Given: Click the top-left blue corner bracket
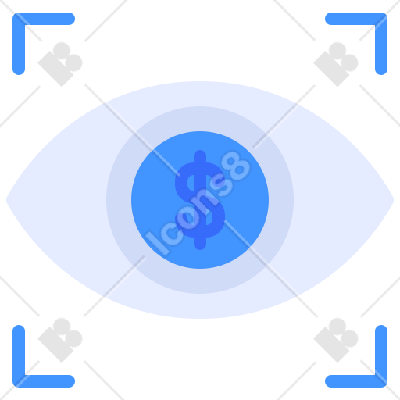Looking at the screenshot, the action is (x=19, y=19).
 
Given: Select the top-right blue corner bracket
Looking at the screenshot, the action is (x=381, y=19).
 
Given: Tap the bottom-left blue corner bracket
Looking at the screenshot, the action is (x=19, y=381).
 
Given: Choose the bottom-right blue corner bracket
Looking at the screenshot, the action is (x=381, y=381).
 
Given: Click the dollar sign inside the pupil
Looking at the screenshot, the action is (x=200, y=200).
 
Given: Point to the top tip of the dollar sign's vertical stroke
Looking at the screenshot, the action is (x=200, y=151).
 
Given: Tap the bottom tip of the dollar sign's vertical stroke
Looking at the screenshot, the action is (x=200, y=249).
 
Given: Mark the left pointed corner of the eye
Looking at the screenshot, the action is (x=7, y=200).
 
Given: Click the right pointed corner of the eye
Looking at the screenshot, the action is (x=393, y=200).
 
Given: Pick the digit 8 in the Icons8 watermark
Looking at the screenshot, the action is (x=237, y=166).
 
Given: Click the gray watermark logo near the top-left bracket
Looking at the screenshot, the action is (x=60, y=64).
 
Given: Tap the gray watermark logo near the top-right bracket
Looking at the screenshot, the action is (x=336, y=64).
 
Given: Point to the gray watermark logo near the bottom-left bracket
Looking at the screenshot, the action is (x=60, y=340).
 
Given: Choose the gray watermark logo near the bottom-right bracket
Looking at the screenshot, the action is (x=336, y=340).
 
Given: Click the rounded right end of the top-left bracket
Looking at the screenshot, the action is (x=70, y=19).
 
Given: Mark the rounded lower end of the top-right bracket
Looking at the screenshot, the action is (x=381, y=70).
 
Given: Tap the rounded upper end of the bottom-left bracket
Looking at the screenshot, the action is (x=19, y=330).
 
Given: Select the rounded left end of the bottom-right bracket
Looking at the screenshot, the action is (x=330, y=381).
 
